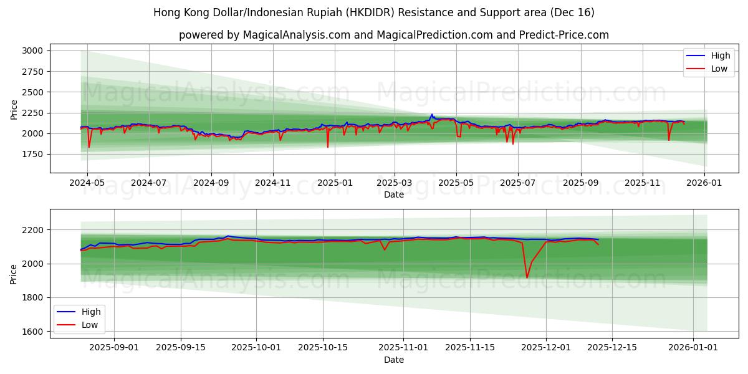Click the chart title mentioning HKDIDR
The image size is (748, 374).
[373, 12]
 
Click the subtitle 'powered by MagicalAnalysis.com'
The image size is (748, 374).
[393, 35]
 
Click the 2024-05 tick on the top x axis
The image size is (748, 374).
[87, 183]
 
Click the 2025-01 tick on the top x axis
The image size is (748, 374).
[335, 183]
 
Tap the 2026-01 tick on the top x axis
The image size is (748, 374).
[705, 183]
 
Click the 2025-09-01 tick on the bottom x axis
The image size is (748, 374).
[115, 348]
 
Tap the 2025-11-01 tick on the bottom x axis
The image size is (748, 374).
[403, 348]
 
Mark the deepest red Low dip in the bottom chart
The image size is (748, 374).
[527, 277]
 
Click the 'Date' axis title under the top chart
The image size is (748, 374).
[393, 194]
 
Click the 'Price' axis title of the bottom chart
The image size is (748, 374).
[14, 274]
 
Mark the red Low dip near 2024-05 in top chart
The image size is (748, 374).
[89, 147]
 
